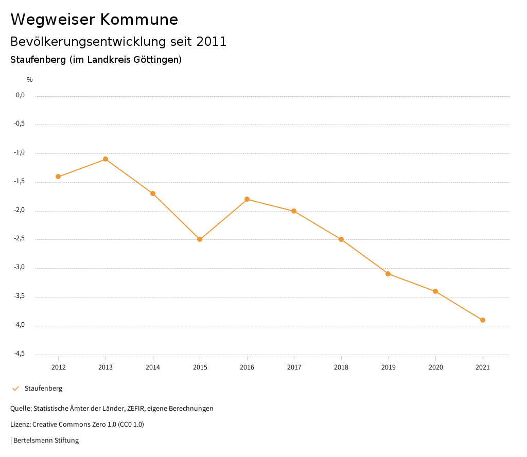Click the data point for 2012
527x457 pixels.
(58, 177)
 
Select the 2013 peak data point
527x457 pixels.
(106, 159)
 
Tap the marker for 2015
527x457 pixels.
(200, 239)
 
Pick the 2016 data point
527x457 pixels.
(247, 199)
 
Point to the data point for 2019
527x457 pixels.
(388, 274)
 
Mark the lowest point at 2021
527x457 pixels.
(483, 320)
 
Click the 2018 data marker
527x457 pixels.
(341, 239)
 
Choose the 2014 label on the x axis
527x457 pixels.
(153, 367)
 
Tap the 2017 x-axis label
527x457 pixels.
(294, 367)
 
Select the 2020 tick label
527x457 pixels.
(435, 367)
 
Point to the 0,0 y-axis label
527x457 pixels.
(20, 95)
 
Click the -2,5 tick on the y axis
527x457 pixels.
(20, 239)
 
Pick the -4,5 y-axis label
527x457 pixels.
(20, 354)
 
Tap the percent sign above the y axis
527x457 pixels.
(30, 80)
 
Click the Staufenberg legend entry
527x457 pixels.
(43, 389)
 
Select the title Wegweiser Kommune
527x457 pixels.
(94, 20)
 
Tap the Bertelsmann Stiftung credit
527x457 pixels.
(46, 441)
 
